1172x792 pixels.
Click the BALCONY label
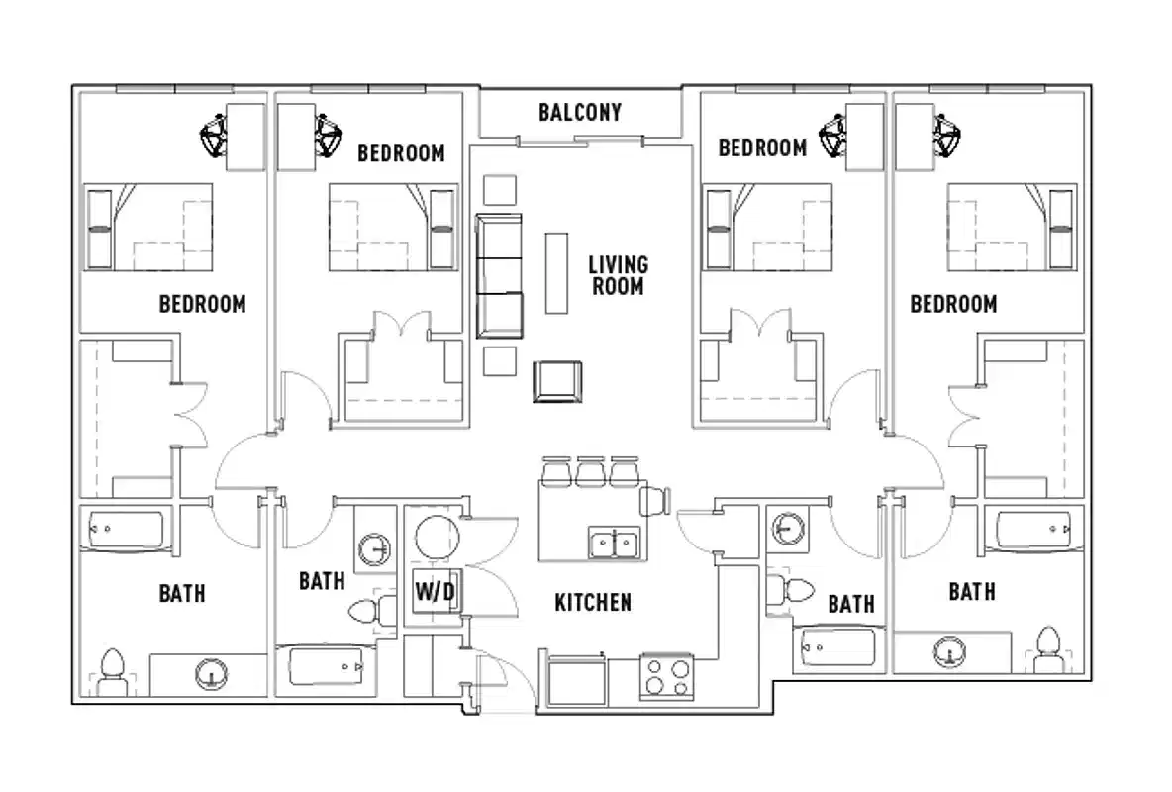click(x=580, y=112)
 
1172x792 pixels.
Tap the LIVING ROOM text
click(x=618, y=276)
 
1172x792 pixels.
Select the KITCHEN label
click(x=593, y=602)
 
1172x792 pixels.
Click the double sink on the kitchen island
click(x=614, y=544)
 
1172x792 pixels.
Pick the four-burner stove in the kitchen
click(x=665, y=677)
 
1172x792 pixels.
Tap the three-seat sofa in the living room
click(x=499, y=275)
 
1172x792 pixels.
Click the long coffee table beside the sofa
click(x=557, y=272)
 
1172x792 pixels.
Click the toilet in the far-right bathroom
click(x=1048, y=649)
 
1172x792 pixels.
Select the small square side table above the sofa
click(x=499, y=191)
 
